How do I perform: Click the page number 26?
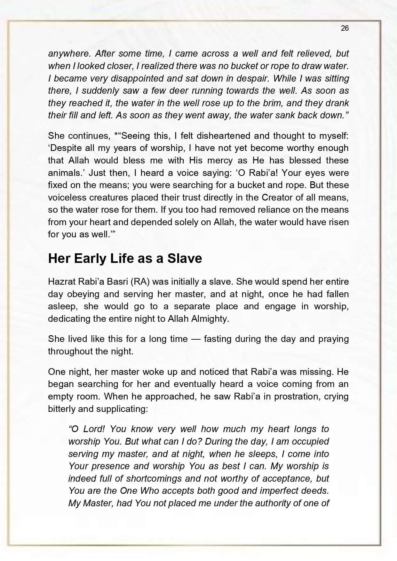pos(345,28)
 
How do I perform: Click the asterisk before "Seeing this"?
pos(116,135)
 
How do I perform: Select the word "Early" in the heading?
pos(91,258)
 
